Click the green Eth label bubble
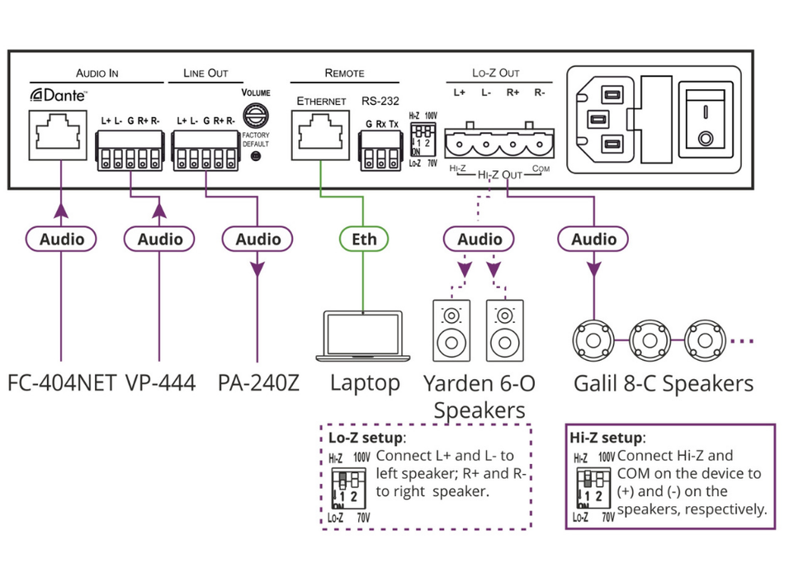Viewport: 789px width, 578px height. click(364, 239)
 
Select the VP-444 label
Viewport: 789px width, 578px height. click(161, 384)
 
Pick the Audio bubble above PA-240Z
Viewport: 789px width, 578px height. click(258, 239)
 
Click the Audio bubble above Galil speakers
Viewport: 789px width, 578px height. click(593, 239)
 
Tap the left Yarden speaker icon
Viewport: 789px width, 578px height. click(451, 328)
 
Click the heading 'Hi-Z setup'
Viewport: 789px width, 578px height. click(607, 438)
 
